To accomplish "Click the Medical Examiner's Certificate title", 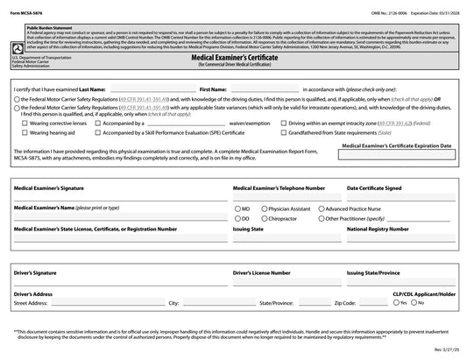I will click(x=233, y=54).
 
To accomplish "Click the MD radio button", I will click(x=237, y=209).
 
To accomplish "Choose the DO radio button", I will click(x=237, y=218).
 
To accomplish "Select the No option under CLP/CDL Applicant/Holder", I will click(x=417, y=302).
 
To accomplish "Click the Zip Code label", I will click(x=344, y=302).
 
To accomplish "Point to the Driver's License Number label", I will click(x=267, y=273).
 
